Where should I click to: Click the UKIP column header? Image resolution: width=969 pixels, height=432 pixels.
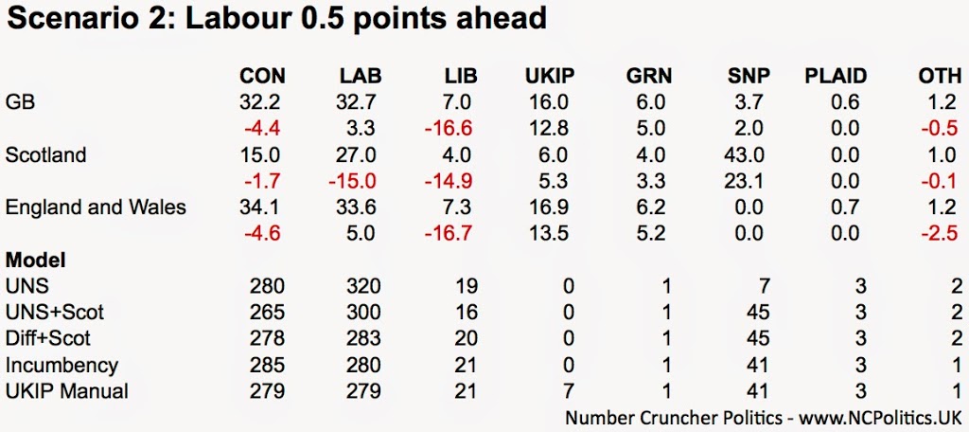549,77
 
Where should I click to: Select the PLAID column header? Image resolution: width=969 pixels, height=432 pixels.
835,77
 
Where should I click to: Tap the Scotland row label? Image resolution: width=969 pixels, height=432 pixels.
45,155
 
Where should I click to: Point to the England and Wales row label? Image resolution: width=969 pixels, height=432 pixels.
96,207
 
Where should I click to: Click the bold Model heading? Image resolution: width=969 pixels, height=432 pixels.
35,260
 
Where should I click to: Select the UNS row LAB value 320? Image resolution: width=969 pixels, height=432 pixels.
363,285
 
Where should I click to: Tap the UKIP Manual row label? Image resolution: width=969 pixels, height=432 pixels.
66,390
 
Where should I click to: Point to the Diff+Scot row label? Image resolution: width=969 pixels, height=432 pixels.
48,338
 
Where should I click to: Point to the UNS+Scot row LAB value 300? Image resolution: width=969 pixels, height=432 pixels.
363,312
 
